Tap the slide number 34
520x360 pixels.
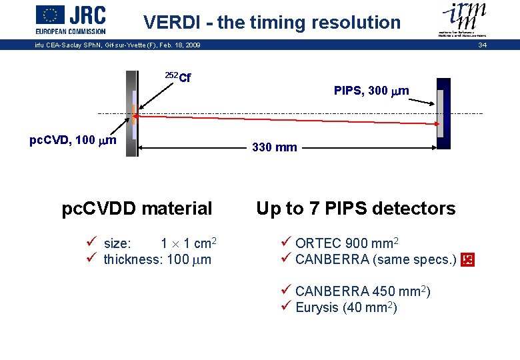pyautogui.click(x=483, y=45)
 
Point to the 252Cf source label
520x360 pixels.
pyautogui.click(x=178, y=77)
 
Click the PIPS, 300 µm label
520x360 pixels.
pyautogui.click(x=371, y=91)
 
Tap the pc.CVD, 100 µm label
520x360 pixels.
pyautogui.click(x=73, y=140)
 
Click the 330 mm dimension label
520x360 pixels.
pyautogui.click(x=275, y=147)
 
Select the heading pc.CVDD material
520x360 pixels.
pyautogui.click(x=137, y=209)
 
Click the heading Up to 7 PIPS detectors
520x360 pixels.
pyautogui.click(x=356, y=209)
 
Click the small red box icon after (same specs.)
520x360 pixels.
pyautogui.click(x=467, y=260)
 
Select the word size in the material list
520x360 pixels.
pyautogui.click(x=117, y=244)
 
